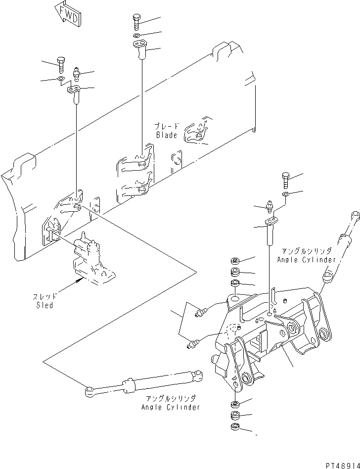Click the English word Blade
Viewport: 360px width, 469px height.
167,135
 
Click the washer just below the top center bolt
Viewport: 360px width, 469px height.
137,36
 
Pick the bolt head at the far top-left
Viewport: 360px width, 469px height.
60,64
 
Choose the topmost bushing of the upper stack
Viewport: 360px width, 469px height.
235,261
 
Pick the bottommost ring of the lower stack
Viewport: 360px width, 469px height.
235,427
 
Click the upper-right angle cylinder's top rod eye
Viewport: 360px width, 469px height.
354,215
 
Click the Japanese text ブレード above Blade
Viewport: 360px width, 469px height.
167,126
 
